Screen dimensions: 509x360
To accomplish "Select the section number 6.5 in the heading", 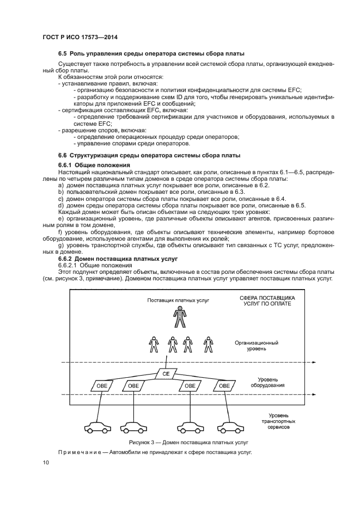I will [63, 53].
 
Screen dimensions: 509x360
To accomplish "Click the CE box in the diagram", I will [166, 374].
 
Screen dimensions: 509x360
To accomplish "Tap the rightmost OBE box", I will [224, 385].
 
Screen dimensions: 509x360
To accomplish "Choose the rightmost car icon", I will [229, 426].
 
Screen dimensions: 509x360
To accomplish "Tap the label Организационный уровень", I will [257, 346].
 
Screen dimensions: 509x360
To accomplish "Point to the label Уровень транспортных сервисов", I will [278, 421].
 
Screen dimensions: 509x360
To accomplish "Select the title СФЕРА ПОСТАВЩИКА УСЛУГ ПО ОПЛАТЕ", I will [267, 301].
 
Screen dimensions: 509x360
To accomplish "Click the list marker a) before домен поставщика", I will [60, 186].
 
